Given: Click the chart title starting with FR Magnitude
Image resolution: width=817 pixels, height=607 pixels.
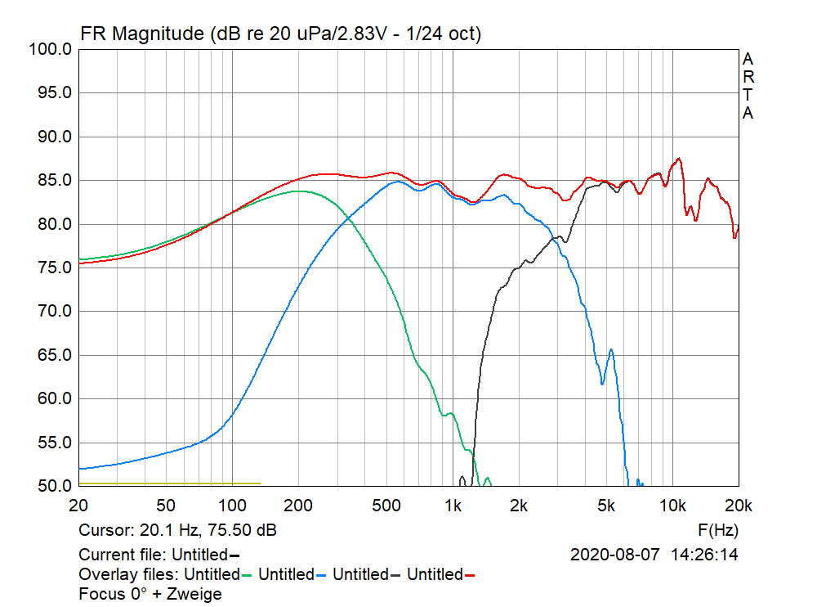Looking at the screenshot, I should point(280,34).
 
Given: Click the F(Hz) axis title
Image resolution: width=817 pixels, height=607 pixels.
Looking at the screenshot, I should point(718,530).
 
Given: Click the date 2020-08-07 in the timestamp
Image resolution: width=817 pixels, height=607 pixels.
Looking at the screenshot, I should point(614,555).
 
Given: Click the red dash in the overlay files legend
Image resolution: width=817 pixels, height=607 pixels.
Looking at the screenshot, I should point(470,575).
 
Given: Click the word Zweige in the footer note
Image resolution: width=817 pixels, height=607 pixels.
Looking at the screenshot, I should point(194,594).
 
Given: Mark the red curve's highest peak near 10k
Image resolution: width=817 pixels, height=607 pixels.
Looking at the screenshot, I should point(678,159).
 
